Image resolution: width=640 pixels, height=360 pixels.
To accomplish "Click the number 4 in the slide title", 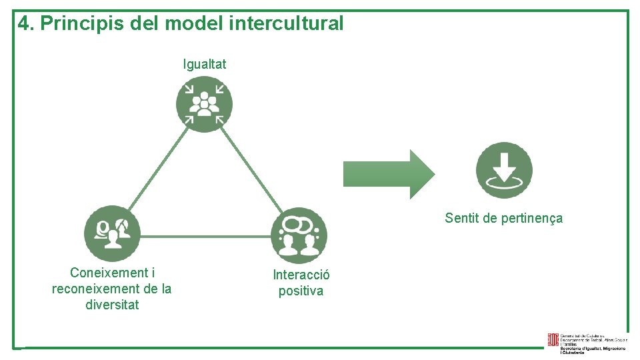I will point(24,24).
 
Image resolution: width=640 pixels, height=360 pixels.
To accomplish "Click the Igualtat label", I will point(205,65).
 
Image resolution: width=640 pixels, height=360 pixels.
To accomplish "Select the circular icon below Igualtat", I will point(205,104).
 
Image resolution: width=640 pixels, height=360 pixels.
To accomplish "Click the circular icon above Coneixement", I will point(112,233).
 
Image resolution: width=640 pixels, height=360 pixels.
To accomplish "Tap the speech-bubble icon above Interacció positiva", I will point(299,235).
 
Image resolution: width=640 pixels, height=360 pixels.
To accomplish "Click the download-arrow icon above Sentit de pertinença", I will point(504,170).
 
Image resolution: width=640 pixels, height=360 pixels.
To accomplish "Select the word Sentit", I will point(461,218).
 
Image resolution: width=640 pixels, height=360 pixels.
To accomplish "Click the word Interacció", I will point(301,275).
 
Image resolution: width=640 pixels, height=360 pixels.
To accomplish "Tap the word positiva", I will point(301,291).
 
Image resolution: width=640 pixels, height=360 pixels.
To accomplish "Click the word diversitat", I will point(112,305).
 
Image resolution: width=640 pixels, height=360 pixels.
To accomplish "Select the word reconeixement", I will point(94,289).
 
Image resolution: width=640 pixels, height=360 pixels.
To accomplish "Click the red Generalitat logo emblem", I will point(553,341).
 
